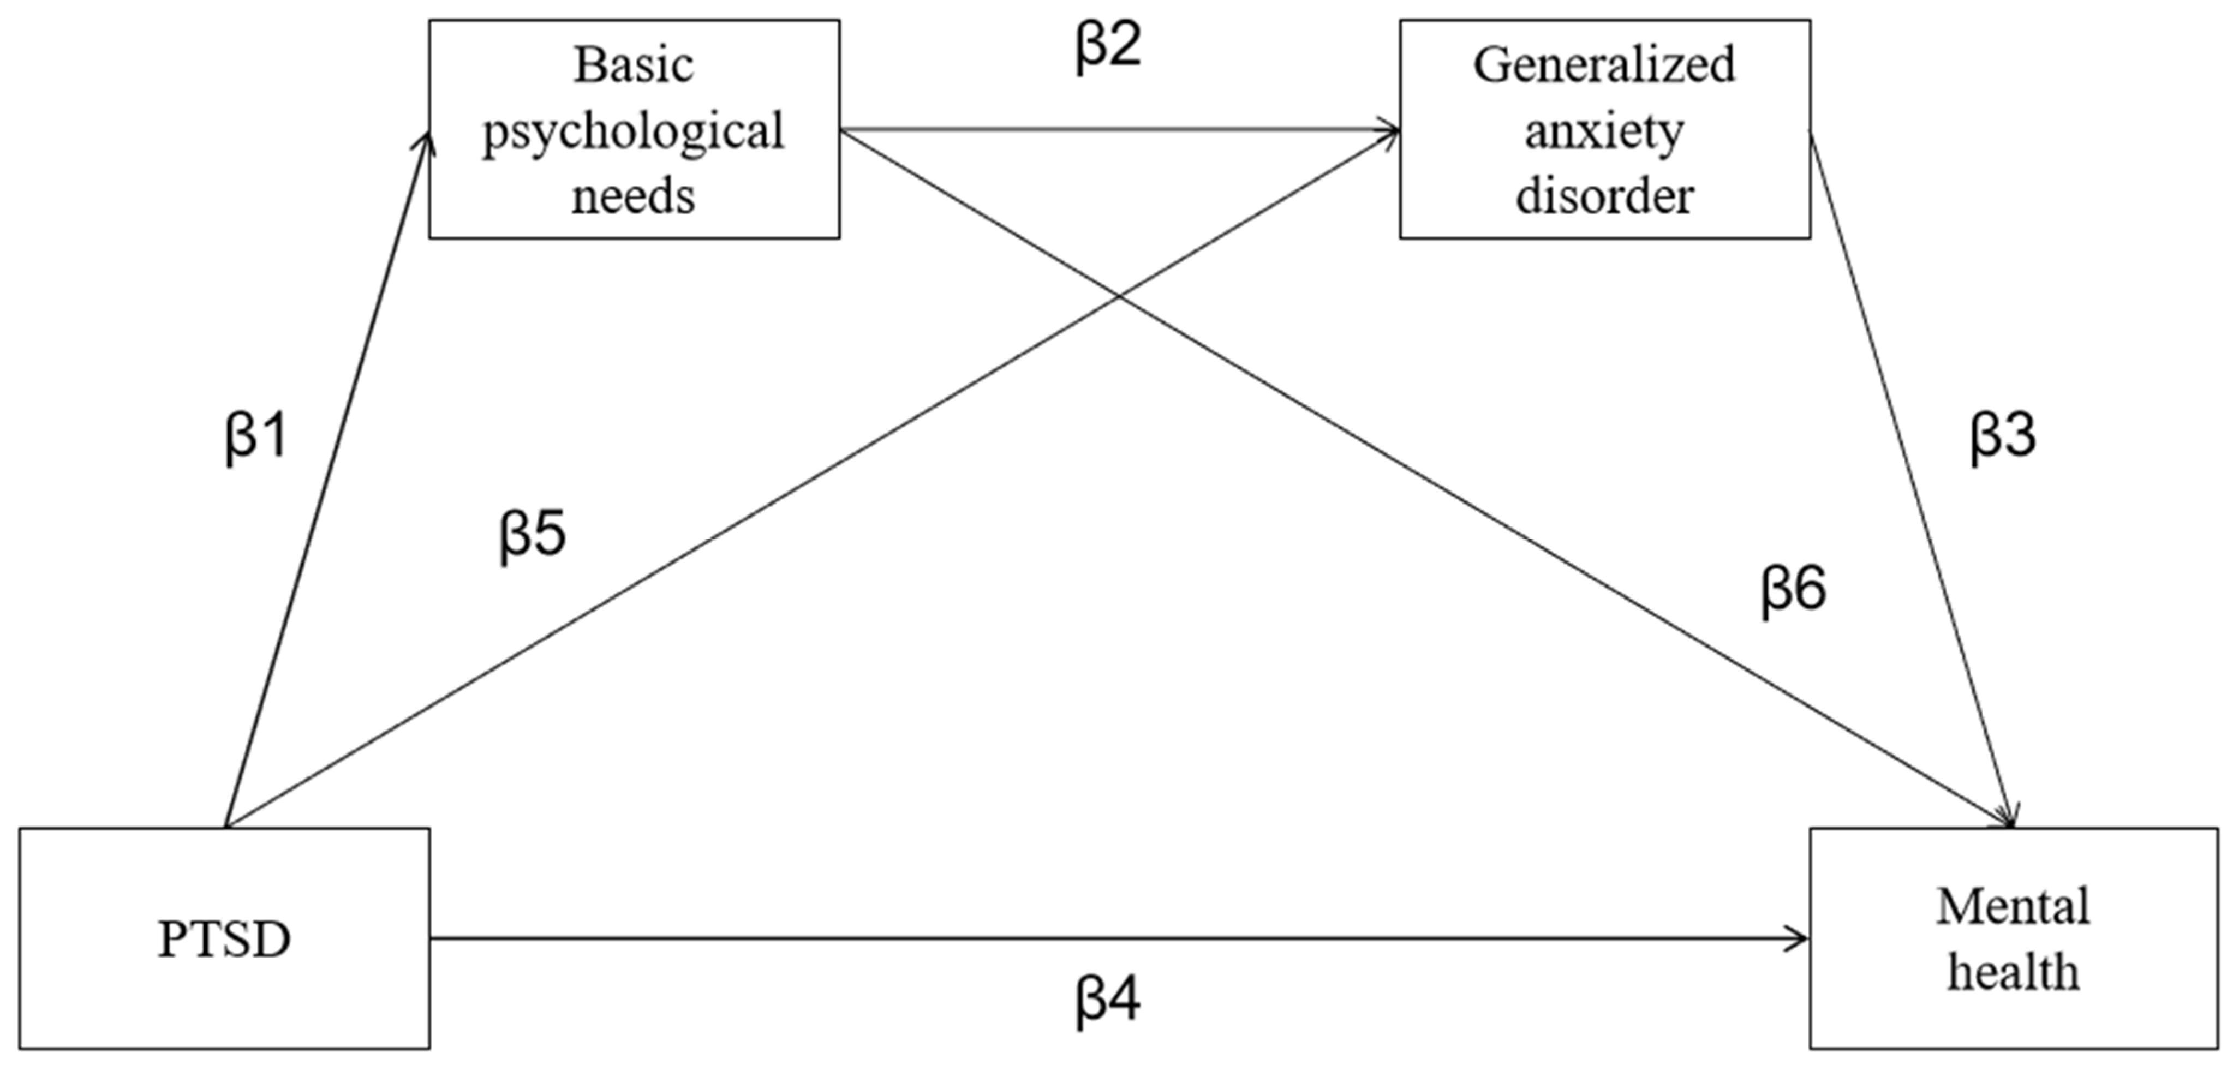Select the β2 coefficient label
(1108, 45)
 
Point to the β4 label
(1108, 1001)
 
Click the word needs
(634, 196)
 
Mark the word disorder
(1604, 196)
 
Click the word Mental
(2013, 907)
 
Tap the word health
(2013, 972)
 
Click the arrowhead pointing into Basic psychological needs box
(424, 140)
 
